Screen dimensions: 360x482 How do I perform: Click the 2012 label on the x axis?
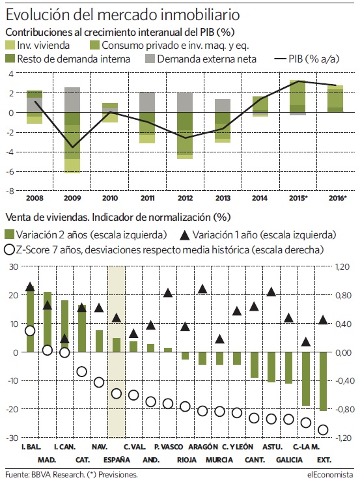(x=186, y=198)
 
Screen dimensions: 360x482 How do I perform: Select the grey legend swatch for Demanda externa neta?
(x=150, y=59)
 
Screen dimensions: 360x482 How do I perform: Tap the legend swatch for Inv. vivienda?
(x=10, y=45)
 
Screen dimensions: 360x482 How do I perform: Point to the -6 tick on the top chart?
(x=10, y=172)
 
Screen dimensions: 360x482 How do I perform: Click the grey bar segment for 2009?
(x=72, y=100)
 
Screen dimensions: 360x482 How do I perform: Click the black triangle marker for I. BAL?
(x=30, y=287)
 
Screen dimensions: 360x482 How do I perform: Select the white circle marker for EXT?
(x=323, y=430)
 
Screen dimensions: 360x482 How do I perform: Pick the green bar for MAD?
(x=48, y=322)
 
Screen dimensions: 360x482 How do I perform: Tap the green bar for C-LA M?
(x=306, y=378)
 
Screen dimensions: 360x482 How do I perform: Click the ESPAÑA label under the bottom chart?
(x=117, y=460)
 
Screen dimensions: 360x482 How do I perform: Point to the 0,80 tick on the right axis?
(x=342, y=295)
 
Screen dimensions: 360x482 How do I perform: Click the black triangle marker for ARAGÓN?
(x=202, y=289)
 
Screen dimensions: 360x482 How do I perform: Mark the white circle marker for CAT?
(x=82, y=371)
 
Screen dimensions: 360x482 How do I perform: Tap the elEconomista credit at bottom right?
(x=330, y=474)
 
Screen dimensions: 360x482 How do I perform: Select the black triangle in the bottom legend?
(x=185, y=235)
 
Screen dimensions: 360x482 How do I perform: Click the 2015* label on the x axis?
(x=298, y=198)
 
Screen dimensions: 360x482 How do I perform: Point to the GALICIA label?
(x=289, y=460)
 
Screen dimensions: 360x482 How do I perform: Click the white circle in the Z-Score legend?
(x=10, y=249)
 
